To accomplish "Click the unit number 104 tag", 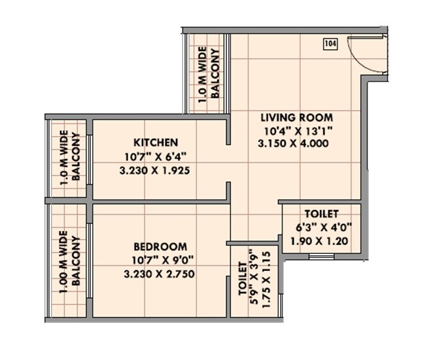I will [330, 44].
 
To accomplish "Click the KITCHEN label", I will [156, 142].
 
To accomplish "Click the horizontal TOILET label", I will [321, 214].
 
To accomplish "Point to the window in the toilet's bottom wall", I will [319, 257].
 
